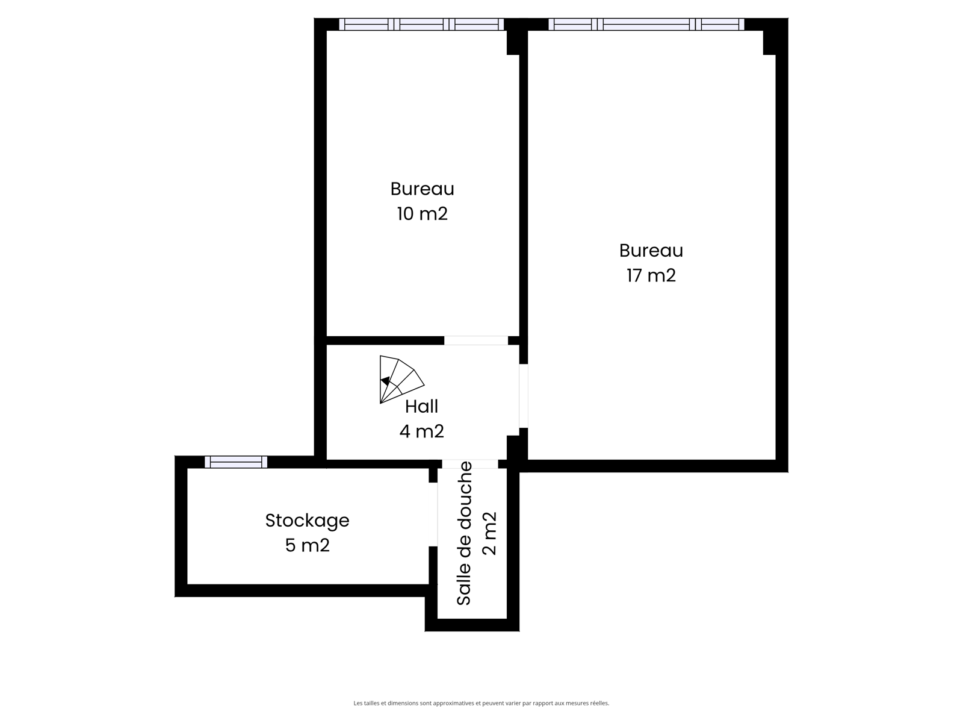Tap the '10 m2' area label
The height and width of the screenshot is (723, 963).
pyautogui.click(x=422, y=214)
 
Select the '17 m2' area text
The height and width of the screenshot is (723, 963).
pyautogui.click(x=651, y=275)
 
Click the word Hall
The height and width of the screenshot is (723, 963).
pyautogui.click(x=421, y=407)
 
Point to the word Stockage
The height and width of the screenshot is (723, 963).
pyautogui.click(x=307, y=521)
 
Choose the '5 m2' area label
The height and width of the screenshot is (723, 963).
pyautogui.click(x=307, y=545)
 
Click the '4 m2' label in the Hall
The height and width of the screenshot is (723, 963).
pyautogui.click(x=421, y=431)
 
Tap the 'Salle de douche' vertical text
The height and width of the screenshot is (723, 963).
pyautogui.click(x=464, y=533)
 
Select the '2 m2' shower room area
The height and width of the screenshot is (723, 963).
pyautogui.click(x=489, y=533)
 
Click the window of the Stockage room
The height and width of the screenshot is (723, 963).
pyautogui.click(x=236, y=462)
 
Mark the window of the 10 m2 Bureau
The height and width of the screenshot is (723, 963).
pyautogui.click(x=422, y=24)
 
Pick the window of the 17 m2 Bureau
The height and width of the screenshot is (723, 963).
pyautogui.click(x=646, y=24)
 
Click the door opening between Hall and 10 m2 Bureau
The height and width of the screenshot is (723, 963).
pyautogui.click(x=476, y=340)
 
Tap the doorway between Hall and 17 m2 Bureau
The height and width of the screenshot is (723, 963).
pyautogui.click(x=524, y=396)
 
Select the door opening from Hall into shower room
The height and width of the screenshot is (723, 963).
pyautogui.click(x=470, y=464)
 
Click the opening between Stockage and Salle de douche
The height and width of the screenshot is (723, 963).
pyautogui.click(x=433, y=515)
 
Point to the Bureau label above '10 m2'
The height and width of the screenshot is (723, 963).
pyautogui.click(x=422, y=189)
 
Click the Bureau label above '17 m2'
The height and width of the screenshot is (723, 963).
pyautogui.click(x=651, y=251)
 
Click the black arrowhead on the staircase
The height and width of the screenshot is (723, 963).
pyautogui.click(x=386, y=381)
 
